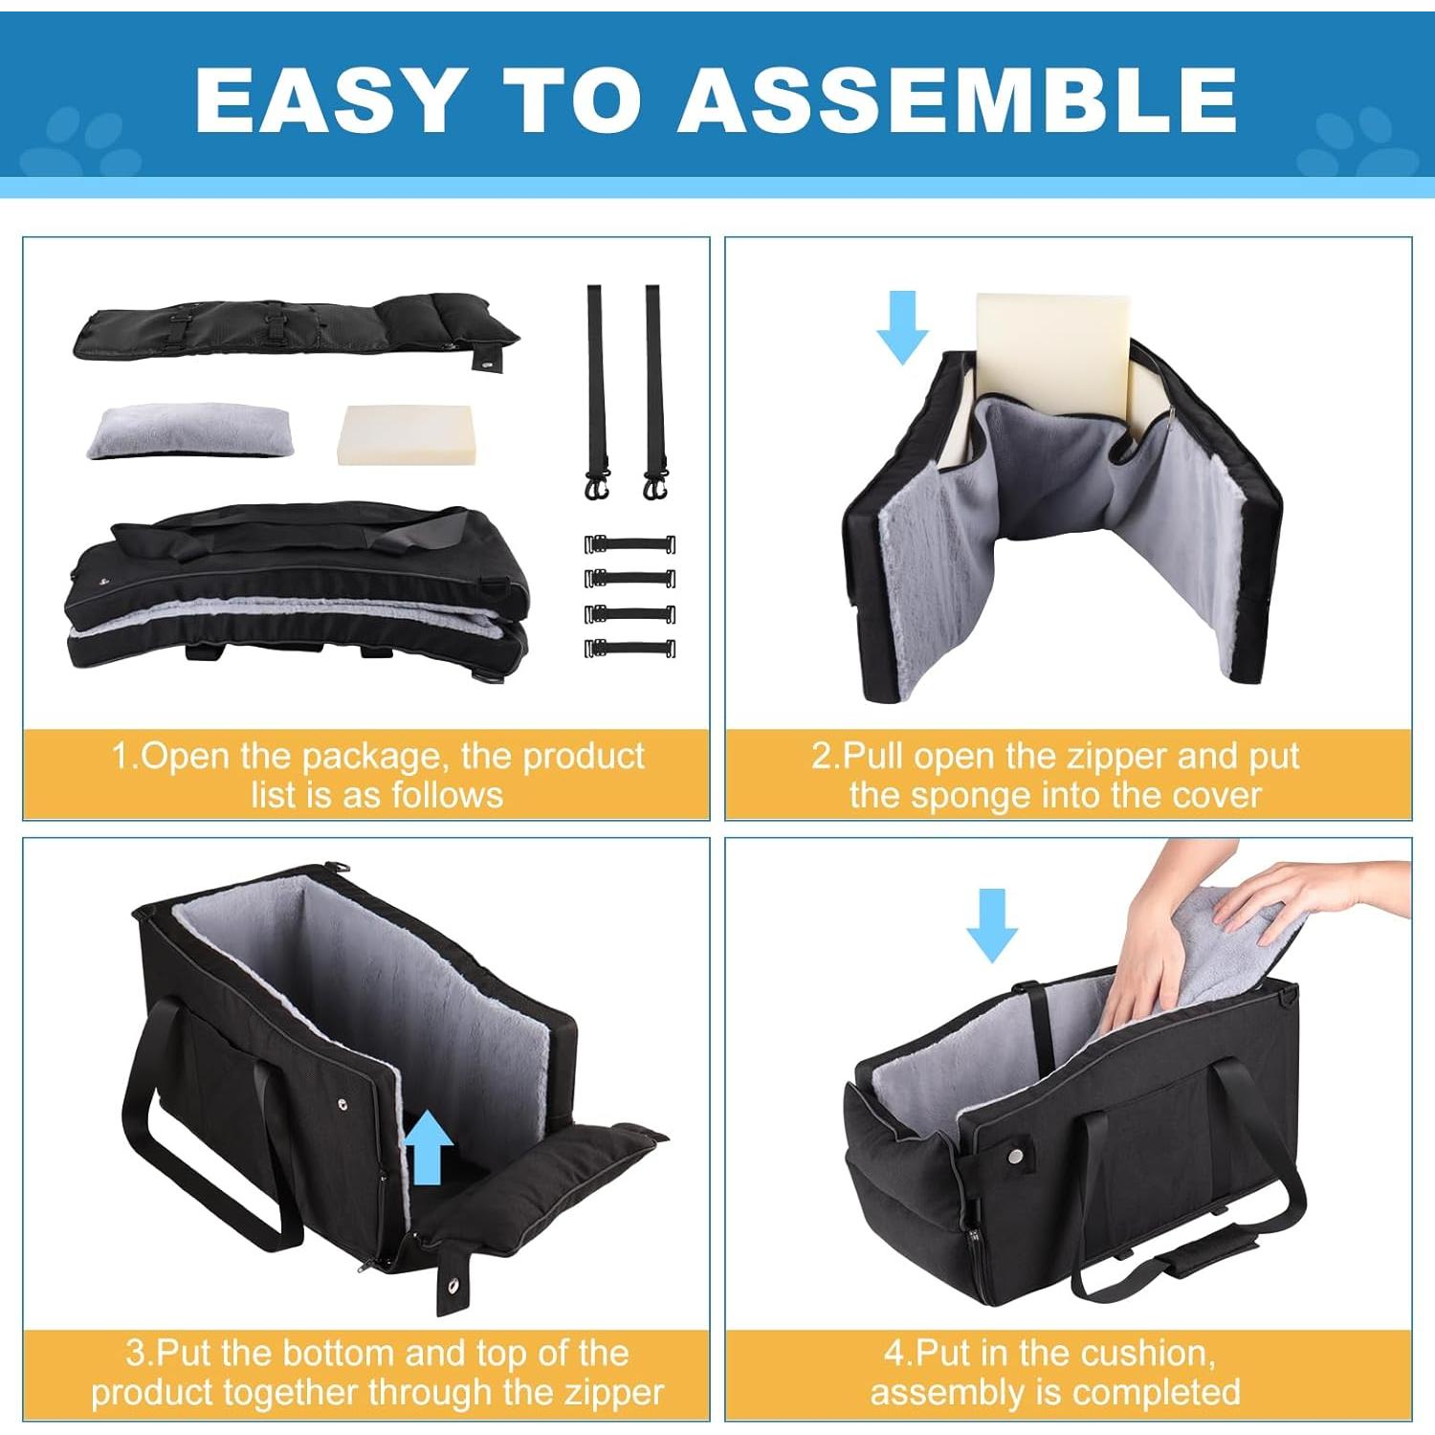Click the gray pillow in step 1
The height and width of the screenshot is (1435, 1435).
click(188, 430)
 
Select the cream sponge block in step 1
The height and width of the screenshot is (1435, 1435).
click(405, 434)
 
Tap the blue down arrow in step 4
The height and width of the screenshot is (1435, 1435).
click(992, 924)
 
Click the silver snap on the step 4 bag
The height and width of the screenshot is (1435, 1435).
click(1015, 1156)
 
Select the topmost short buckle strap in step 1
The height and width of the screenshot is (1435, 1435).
click(630, 544)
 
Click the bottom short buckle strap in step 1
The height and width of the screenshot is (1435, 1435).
click(630, 648)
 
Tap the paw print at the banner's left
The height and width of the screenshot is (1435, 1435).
click(81, 143)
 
